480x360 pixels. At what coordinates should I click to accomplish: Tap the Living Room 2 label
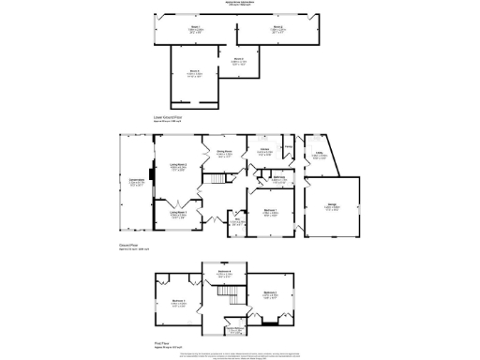pyautogui.click(x=179, y=167)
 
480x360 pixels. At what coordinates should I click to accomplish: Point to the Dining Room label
pyautogui.click(x=225, y=153)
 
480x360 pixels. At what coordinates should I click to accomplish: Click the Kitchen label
pyautogui.click(x=264, y=151)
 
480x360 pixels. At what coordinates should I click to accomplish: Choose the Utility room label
pyautogui.click(x=320, y=156)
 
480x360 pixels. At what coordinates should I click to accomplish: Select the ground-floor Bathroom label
pyautogui.click(x=278, y=178)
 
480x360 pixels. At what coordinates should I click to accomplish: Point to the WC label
pyautogui.click(x=238, y=221)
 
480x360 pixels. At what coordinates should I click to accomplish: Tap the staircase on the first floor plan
pyautogui.click(x=226, y=295)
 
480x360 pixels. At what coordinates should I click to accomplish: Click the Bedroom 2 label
pyautogui.click(x=270, y=295)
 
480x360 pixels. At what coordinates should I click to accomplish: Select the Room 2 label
pyautogui.click(x=278, y=29)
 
